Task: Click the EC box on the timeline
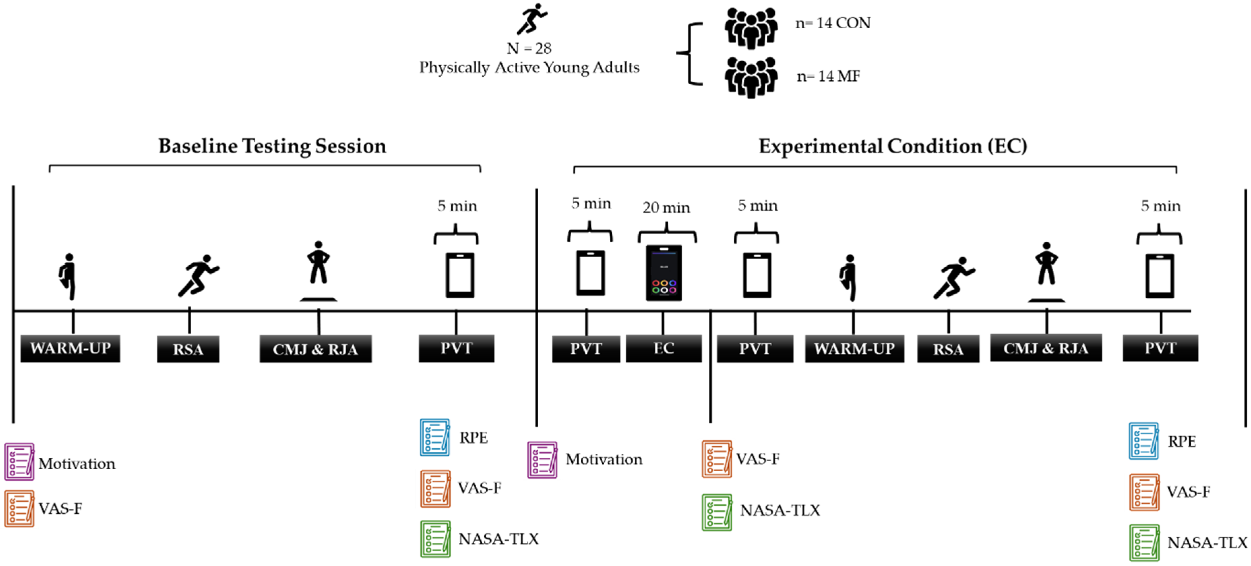tap(663, 348)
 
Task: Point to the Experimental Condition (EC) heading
tap(893, 146)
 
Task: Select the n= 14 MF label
tap(829, 76)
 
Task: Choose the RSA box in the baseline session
tap(188, 349)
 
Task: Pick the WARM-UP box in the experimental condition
tap(854, 348)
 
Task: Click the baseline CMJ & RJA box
tap(316, 349)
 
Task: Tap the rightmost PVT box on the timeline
tap(1160, 348)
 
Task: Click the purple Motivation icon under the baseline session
tap(20, 461)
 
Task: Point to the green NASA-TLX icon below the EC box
tap(717, 512)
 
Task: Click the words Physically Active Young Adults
tap(530, 67)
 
